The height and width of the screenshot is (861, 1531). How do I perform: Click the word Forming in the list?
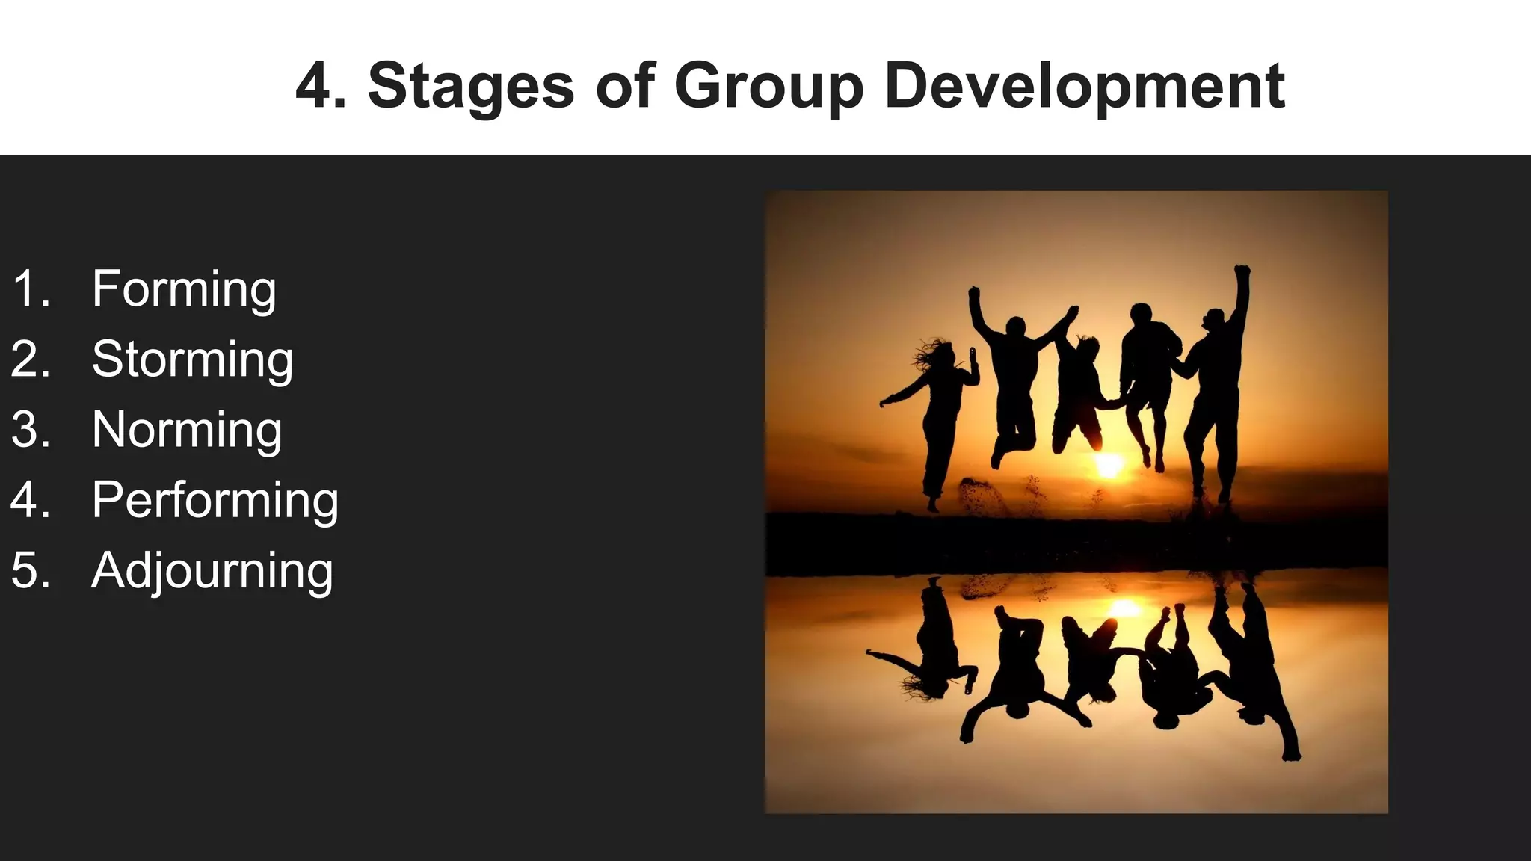(184, 289)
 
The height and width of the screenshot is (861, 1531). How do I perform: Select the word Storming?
(192, 359)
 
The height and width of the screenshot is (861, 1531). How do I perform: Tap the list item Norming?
(187, 430)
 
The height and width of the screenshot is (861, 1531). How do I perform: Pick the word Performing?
(215, 500)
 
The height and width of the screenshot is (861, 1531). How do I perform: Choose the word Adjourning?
(212, 570)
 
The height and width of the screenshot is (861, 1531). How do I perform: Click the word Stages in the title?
(471, 86)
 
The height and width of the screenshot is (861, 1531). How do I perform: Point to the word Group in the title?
(768, 86)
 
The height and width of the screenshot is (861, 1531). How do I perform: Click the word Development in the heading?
(1084, 86)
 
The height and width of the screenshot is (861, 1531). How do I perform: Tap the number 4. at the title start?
(321, 86)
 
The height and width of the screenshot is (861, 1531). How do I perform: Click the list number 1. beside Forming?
(31, 289)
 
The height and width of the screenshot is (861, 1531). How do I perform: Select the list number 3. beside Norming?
(31, 430)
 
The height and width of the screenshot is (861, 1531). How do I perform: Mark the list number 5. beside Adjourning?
(31, 570)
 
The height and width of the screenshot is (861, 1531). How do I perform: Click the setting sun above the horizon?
(1109, 465)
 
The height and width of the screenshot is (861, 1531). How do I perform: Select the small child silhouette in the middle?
(1079, 392)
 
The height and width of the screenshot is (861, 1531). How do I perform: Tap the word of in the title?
(626, 86)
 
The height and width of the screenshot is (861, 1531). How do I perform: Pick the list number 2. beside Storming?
(31, 359)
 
